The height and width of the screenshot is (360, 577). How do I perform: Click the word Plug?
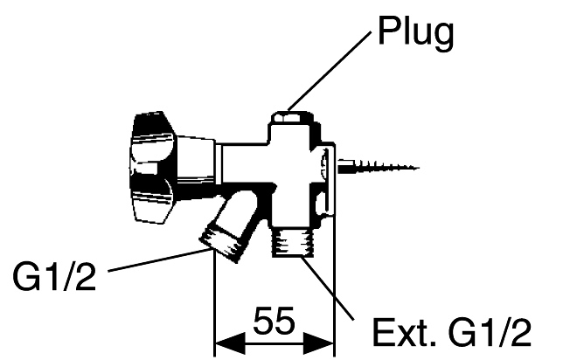(417, 33)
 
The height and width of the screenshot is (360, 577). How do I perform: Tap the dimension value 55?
(275, 322)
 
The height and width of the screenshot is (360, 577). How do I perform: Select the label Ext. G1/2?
(450, 332)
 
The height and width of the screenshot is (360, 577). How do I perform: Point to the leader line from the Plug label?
(332, 74)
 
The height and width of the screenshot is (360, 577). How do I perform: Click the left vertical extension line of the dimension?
(215, 297)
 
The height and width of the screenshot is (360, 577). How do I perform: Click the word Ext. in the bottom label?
(396, 332)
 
